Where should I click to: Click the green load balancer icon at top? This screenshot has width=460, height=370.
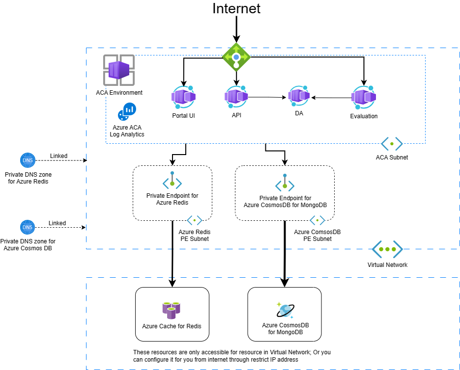[236, 57]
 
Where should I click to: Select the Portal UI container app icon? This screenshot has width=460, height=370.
[184, 97]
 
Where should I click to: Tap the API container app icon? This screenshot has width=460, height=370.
[236, 96]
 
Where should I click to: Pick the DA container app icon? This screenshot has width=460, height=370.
[299, 96]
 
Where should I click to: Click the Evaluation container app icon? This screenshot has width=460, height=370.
[364, 97]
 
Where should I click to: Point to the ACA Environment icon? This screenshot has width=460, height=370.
[118, 70]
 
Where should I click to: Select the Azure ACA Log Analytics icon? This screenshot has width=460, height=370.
[127, 112]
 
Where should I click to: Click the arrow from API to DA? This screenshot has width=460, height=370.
[268, 97]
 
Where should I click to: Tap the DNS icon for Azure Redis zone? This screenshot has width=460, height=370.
[28, 160]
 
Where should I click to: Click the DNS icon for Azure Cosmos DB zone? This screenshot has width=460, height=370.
[28, 227]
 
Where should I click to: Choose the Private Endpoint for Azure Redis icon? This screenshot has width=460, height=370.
[172, 181]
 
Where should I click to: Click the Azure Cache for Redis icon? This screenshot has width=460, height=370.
[172, 310]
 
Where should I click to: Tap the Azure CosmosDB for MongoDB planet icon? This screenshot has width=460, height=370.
[285, 310]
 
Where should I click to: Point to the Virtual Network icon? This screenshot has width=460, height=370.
[387, 249]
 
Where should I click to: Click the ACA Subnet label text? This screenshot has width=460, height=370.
[392, 158]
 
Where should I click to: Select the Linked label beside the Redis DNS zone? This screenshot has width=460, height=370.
[58, 156]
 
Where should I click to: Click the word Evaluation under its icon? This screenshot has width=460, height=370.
[364, 116]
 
